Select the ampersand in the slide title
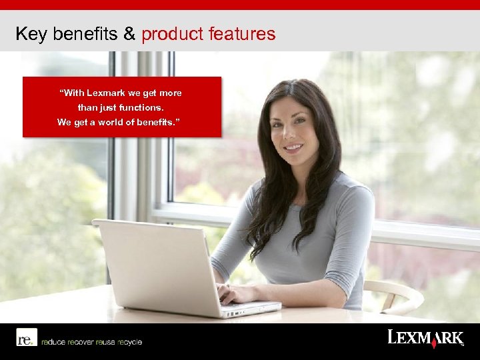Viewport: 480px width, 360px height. click(x=129, y=34)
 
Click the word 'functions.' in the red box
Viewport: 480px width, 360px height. click(x=141, y=107)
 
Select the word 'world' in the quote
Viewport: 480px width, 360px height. click(x=117, y=122)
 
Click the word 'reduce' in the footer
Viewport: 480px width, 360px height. click(x=53, y=342)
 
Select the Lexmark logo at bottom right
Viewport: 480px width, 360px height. click(x=425, y=338)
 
